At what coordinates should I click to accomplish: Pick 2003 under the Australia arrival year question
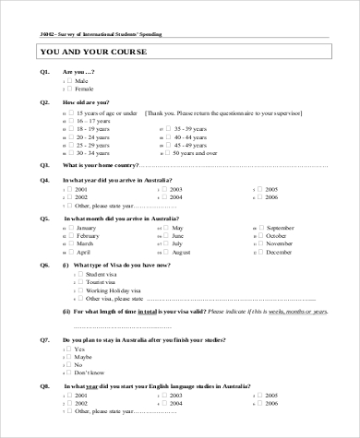[x=167, y=188]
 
